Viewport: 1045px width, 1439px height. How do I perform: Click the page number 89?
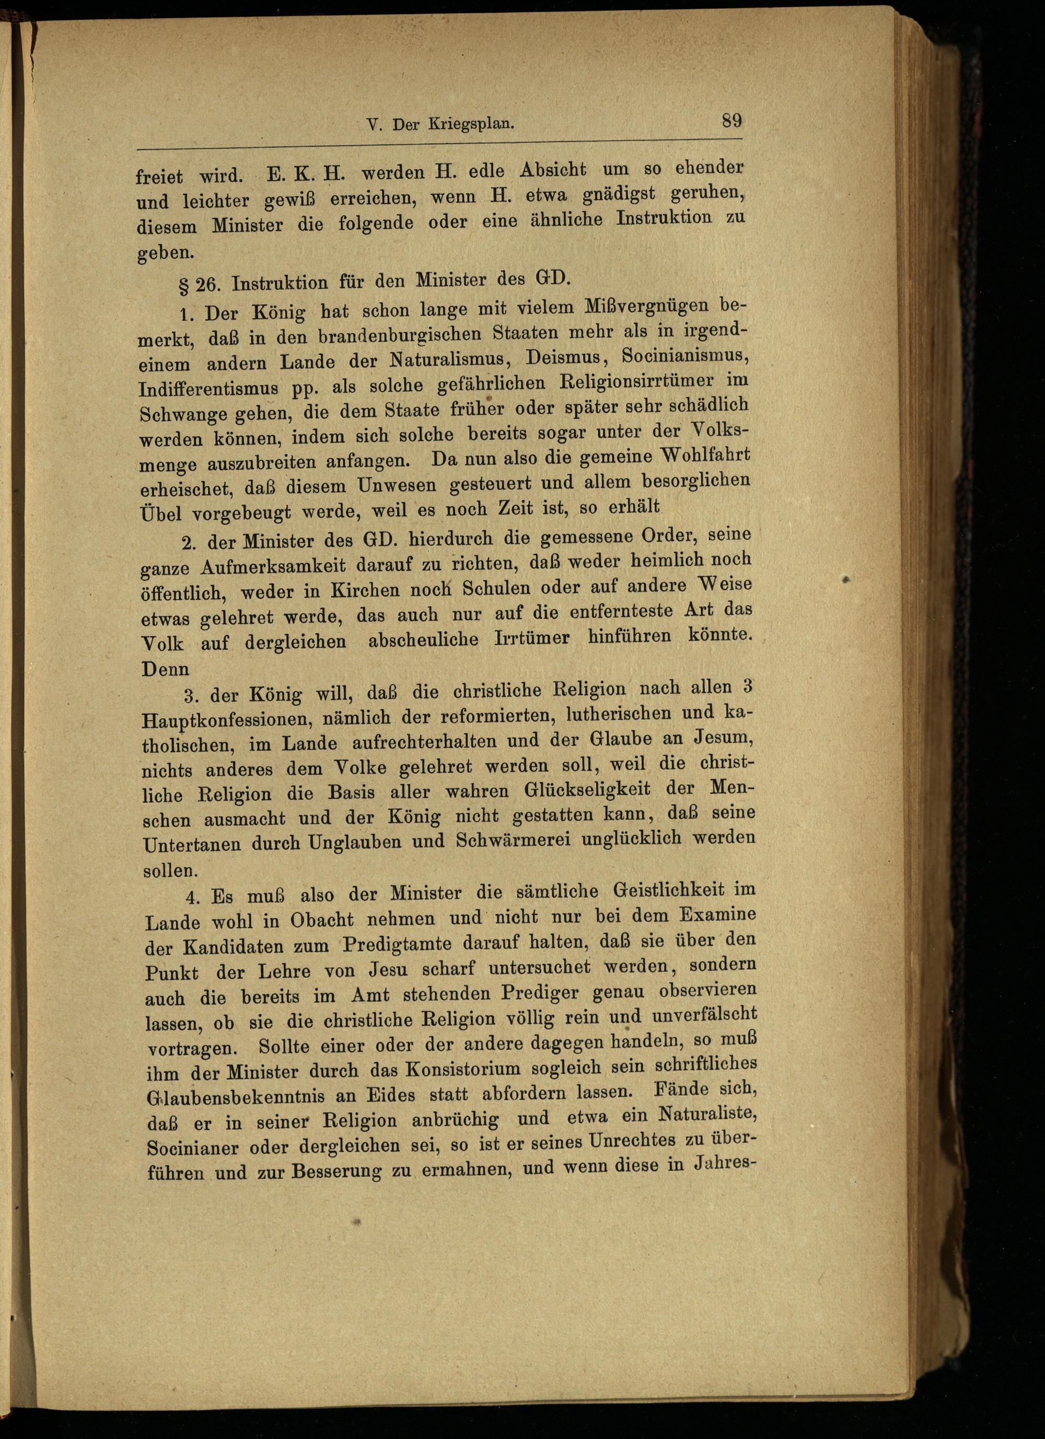tap(731, 121)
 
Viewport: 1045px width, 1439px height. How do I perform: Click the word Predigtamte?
tap(397, 945)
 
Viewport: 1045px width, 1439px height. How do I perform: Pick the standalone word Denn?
tap(166, 668)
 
